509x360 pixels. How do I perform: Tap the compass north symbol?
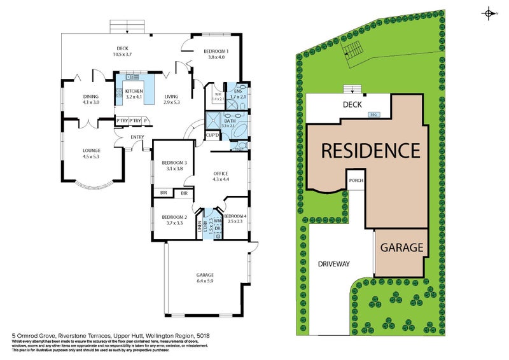(489, 13)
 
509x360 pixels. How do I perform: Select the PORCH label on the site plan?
(356, 180)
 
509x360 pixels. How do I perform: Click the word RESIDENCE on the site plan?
(370, 151)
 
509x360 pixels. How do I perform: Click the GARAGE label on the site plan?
(402, 247)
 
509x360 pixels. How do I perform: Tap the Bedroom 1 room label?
(216, 52)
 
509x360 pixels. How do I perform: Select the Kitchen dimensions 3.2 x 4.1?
(133, 97)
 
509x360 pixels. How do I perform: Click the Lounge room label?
(92, 151)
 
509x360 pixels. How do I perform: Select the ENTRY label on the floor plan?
(137, 137)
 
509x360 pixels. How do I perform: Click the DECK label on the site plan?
(352, 105)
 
